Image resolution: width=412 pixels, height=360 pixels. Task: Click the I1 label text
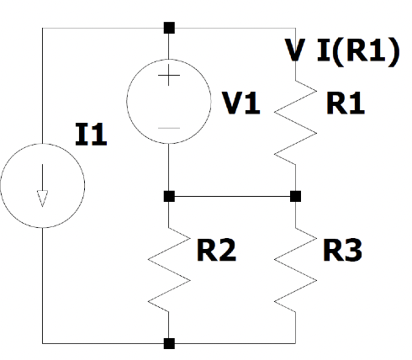pos(92,135)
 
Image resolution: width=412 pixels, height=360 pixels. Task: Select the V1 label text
pos(241,103)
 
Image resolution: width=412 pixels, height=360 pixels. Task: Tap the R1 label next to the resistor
pos(346,103)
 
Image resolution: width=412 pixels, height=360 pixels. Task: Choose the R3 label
pos(343,250)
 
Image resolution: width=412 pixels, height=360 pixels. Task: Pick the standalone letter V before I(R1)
pos(295,51)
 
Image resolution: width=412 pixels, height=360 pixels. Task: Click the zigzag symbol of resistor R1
pos(295,122)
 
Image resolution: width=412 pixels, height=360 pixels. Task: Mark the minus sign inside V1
pos(169,127)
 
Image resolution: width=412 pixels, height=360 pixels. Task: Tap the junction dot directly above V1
pos(169,28)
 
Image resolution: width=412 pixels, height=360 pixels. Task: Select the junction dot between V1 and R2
pos(169,196)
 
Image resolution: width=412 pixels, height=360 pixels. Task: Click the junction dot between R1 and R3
pos(295,196)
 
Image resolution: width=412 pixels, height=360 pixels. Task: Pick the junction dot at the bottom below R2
pos(169,343)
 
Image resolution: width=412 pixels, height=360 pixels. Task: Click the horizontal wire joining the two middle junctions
pos(232,196)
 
